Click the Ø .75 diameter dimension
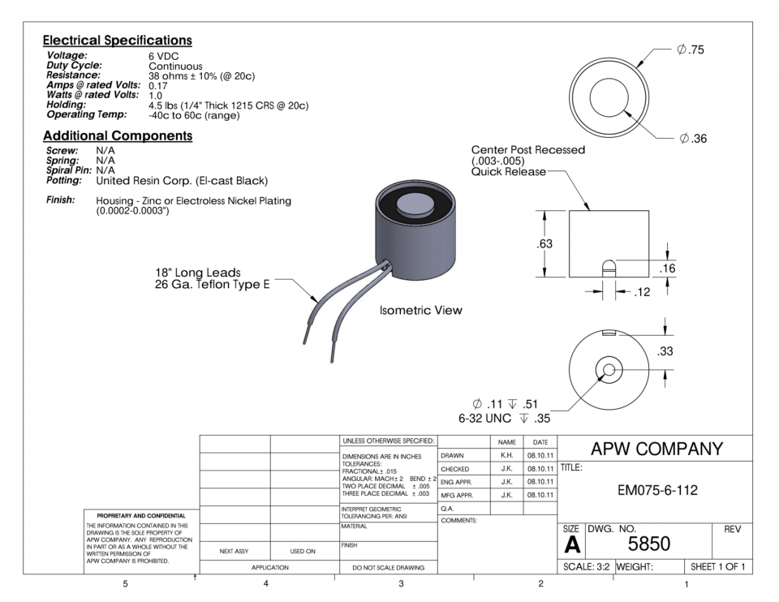click(x=690, y=50)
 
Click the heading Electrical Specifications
click(x=117, y=40)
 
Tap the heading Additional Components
click(x=117, y=135)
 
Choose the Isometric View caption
click(x=420, y=311)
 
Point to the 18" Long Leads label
click(x=197, y=272)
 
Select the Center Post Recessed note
click(x=527, y=150)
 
